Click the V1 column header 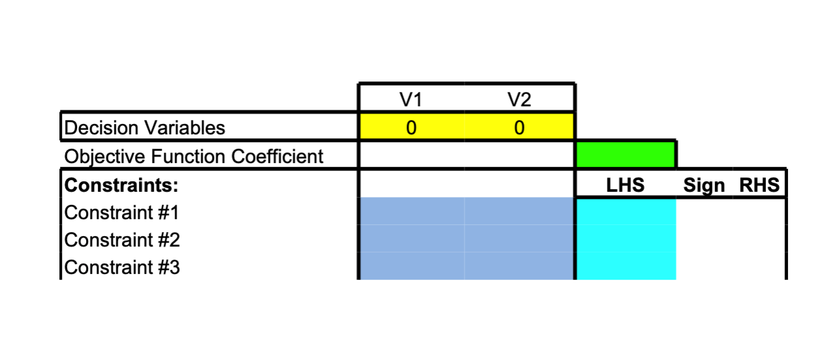[x=410, y=99]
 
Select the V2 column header [x=519, y=99]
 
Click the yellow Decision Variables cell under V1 [x=411, y=127]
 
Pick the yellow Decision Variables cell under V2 [x=519, y=127]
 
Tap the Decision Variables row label [x=144, y=128]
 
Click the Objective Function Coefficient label [x=194, y=157]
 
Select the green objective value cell [x=626, y=155]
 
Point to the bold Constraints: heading [x=121, y=185]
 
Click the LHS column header [x=625, y=185]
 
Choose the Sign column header [x=703, y=185]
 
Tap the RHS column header [x=759, y=185]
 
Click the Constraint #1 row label [x=122, y=213]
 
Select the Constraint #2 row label [x=122, y=240]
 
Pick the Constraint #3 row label [x=122, y=267]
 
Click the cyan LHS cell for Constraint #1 [x=626, y=211]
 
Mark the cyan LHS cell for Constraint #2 [x=626, y=239]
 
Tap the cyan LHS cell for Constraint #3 [x=626, y=267]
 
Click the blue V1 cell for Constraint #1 [x=412, y=211]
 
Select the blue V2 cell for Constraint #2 [x=519, y=239]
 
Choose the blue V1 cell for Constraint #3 [x=412, y=267]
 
